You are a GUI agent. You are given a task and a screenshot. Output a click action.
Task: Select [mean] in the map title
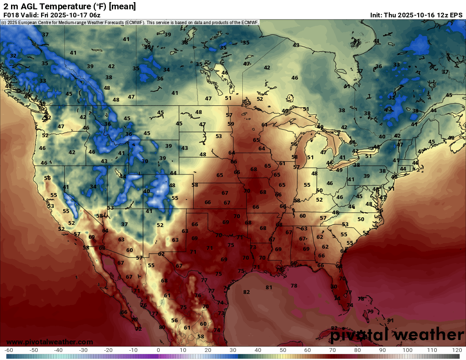point(122,6)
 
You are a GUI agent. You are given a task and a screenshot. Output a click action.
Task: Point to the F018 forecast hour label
point(11,15)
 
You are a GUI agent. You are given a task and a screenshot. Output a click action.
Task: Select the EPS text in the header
point(456,15)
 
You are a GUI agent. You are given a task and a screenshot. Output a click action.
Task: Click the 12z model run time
point(439,15)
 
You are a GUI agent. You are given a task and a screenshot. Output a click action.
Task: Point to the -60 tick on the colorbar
point(8,350)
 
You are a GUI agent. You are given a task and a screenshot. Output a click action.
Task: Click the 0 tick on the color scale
point(158,350)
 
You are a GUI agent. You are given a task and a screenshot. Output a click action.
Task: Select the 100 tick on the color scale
point(408,350)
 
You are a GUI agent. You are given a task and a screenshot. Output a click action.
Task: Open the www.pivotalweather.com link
point(50,342)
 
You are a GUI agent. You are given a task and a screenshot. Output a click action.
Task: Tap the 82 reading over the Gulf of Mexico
point(247,292)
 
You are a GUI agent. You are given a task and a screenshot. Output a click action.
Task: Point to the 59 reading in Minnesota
point(231,124)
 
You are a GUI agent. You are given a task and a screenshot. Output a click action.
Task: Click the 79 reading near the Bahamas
point(370,311)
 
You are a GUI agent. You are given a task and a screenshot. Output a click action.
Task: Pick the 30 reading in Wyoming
point(145,161)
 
